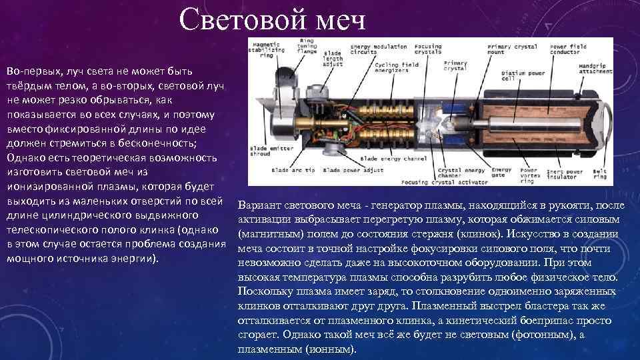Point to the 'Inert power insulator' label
click(565, 175)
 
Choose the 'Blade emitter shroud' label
click(267, 151)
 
